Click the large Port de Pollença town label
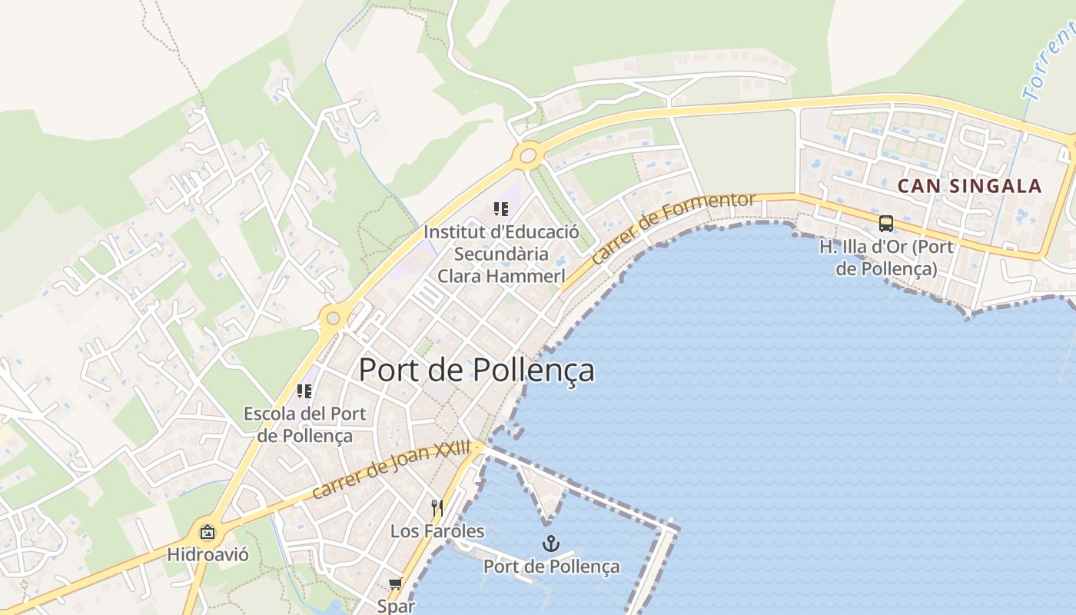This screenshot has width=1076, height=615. [x=477, y=370]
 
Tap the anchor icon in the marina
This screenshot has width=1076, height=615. [x=550, y=544]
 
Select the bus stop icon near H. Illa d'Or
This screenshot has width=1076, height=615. [x=886, y=224]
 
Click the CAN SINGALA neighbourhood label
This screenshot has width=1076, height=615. [x=970, y=186]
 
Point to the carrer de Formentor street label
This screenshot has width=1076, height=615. [x=674, y=229]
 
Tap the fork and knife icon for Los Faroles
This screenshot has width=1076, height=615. [x=437, y=507]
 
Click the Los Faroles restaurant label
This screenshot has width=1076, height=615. [x=437, y=531]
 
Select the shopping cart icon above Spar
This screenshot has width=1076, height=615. [x=396, y=584]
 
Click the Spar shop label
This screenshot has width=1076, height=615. [x=396, y=606]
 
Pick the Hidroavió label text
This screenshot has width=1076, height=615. [x=208, y=554]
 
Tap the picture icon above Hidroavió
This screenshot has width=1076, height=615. [x=208, y=532]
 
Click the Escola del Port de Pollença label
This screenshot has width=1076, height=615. [x=305, y=424]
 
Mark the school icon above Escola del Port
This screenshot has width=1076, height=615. [x=304, y=391]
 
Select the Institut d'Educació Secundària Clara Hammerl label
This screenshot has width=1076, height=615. [x=501, y=254]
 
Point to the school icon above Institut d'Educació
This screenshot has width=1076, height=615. [x=501, y=208]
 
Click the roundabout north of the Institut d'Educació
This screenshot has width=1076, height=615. [x=528, y=155]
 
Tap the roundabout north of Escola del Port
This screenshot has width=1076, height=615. [x=333, y=317]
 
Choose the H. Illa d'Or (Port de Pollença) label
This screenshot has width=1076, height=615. [x=886, y=258]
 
